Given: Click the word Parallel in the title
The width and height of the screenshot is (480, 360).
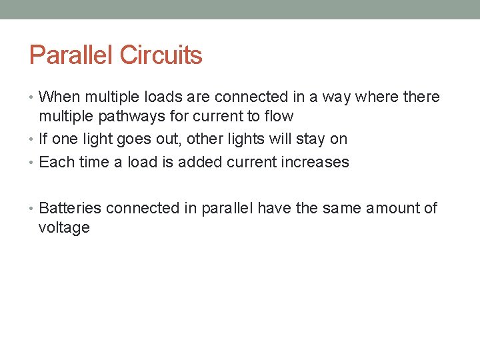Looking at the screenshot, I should (71, 55).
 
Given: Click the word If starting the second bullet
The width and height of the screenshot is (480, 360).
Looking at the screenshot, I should (43, 139).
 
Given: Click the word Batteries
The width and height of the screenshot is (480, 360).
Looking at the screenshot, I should (70, 208).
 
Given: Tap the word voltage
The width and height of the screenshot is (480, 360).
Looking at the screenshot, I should (64, 228).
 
